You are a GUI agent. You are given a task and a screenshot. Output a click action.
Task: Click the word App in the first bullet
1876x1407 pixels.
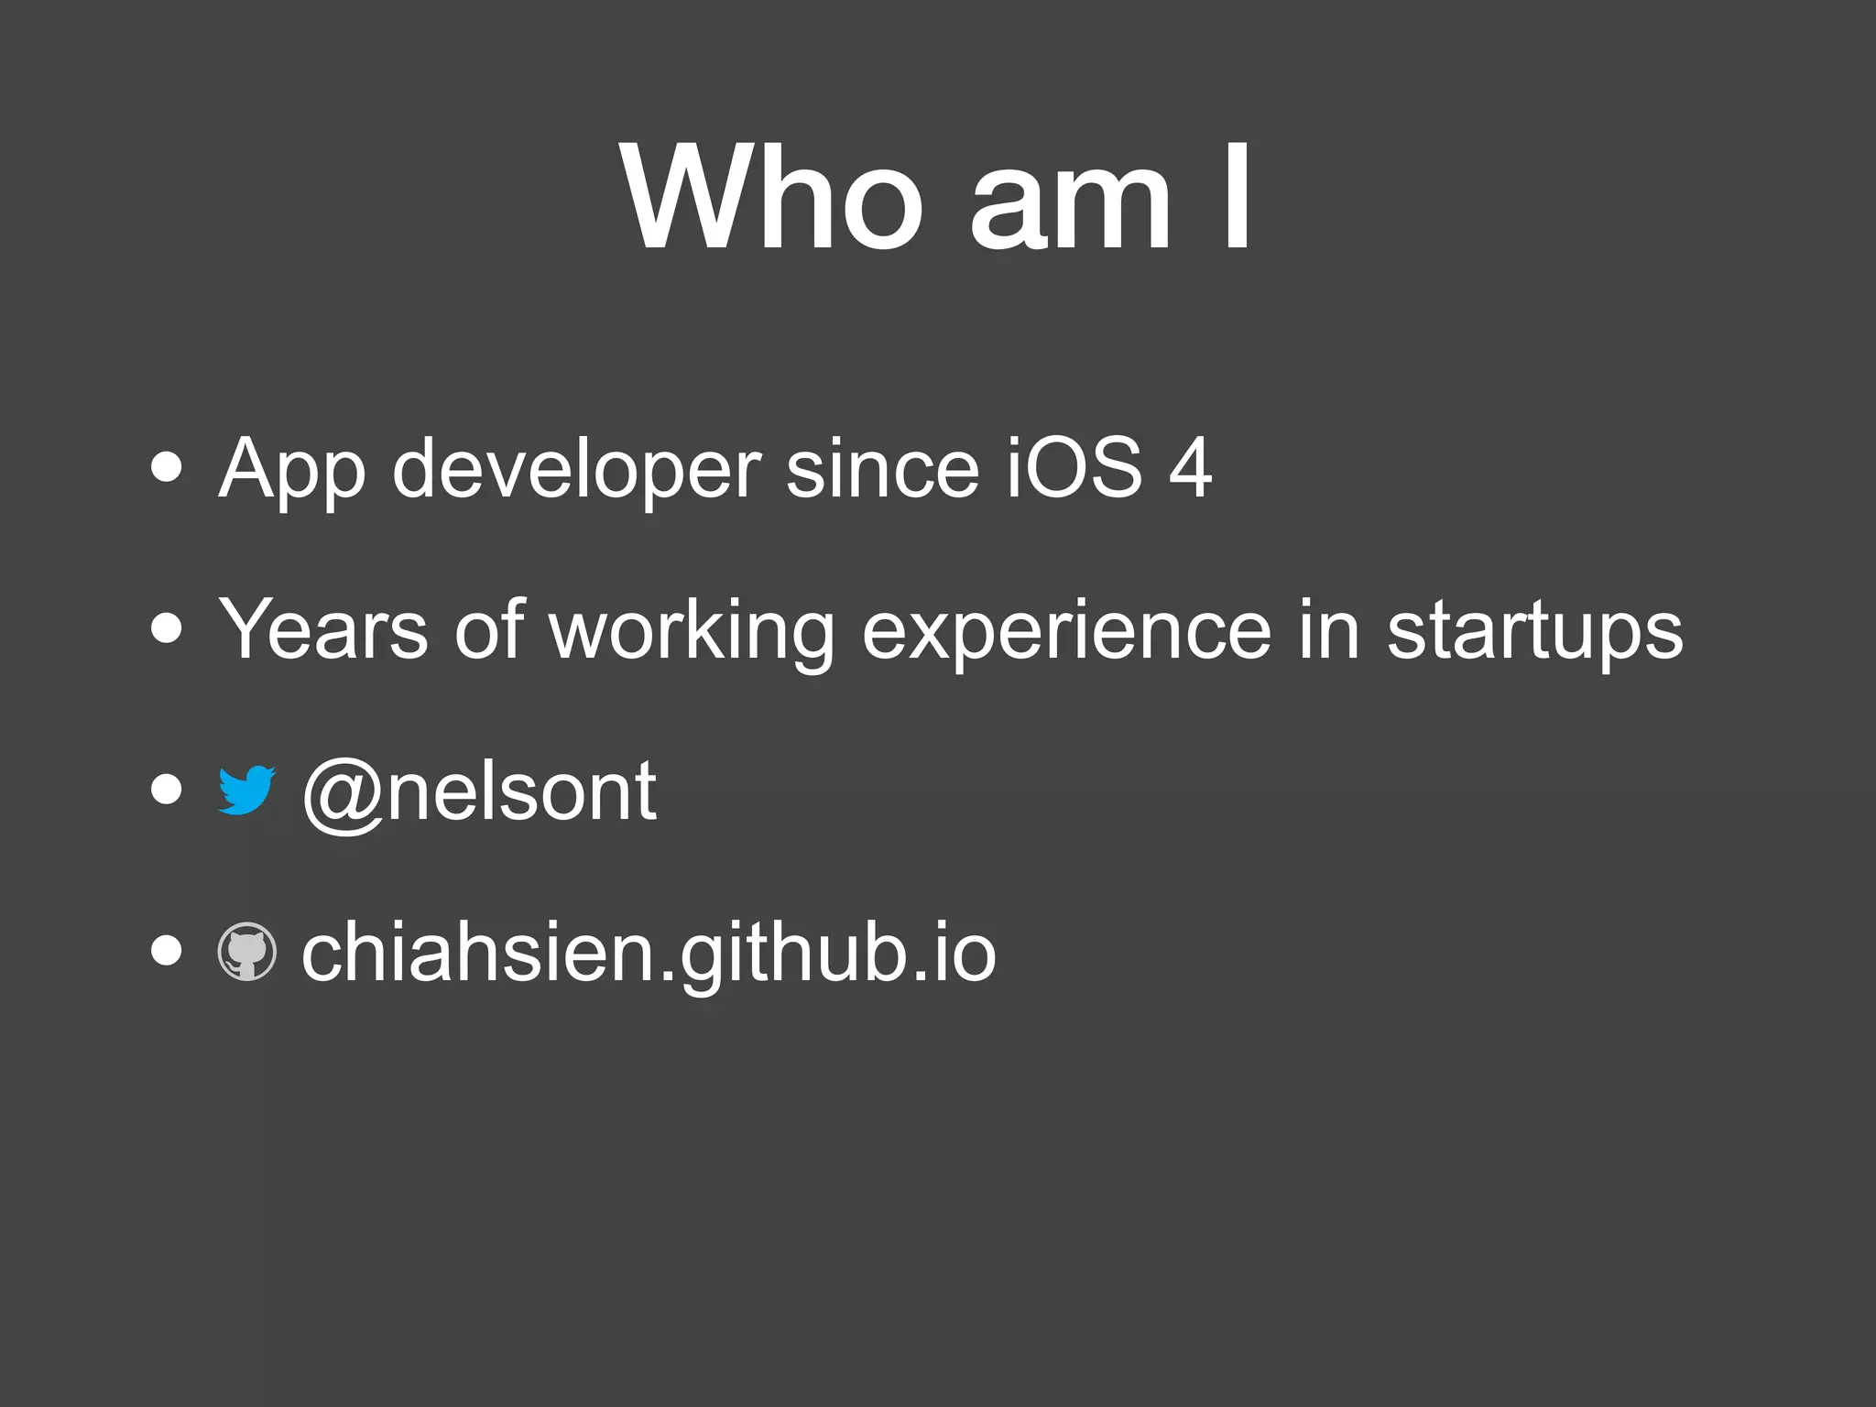coord(291,472)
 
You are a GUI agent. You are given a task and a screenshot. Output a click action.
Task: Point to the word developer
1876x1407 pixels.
coord(576,472)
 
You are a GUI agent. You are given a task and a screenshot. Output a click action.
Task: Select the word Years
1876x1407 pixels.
coord(323,629)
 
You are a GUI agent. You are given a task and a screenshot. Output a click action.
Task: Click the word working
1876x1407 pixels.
coord(692,632)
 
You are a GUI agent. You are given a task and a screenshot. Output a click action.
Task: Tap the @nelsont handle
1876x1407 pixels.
coord(479,793)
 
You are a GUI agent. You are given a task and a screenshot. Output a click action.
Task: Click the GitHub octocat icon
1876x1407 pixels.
coord(246,952)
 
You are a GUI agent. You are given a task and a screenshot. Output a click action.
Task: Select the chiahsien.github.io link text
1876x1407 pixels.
coord(649,955)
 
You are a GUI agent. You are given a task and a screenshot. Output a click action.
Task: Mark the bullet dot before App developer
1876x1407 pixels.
coord(167,468)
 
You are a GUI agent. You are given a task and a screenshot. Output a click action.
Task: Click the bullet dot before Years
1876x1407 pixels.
coord(167,629)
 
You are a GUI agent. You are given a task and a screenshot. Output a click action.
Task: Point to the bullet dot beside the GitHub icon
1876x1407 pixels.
coord(167,952)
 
